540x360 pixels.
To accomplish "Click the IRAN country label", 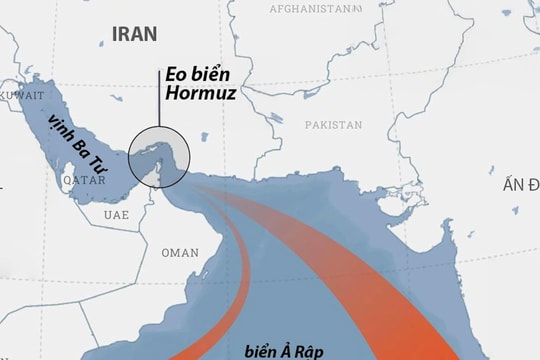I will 134,33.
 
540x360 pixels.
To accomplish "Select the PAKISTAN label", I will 333,125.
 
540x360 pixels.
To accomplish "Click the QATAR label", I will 82,181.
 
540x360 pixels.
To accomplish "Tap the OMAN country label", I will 180,252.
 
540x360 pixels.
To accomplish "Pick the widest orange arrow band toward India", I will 400,290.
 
